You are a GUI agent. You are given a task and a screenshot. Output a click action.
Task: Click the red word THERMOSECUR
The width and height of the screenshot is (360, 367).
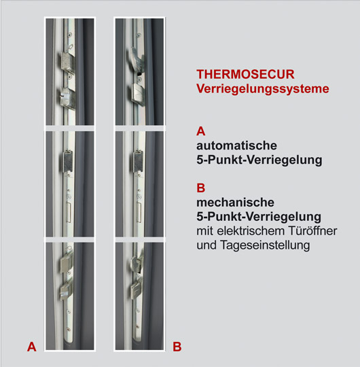click(x=245, y=75)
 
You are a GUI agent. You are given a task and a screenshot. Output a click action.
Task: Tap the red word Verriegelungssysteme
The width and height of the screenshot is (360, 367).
click(x=263, y=89)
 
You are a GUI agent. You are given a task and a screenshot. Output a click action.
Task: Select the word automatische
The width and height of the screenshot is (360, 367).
click(x=237, y=145)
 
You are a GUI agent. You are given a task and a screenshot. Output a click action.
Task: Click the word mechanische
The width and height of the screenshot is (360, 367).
click(x=235, y=203)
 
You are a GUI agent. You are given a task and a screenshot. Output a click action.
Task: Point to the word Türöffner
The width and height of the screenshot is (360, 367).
click(x=312, y=231)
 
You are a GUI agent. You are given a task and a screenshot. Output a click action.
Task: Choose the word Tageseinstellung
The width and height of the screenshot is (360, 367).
click(x=265, y=245)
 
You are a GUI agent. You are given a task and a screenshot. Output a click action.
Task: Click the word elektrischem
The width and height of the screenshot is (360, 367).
click(x=251, y=231)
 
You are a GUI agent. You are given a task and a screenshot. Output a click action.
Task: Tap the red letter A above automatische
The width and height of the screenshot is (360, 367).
click(x=200, y=131)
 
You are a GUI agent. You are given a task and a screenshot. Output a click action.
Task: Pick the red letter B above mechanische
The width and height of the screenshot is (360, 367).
click(x=200, y=188)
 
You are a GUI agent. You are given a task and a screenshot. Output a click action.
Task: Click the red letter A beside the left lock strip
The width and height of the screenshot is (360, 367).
click(x=31, y=347)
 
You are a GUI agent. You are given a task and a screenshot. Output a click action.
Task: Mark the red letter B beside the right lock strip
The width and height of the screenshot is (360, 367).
click(x=177, y=347)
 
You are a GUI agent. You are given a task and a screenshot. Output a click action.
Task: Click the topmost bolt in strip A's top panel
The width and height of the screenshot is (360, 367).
click(x=68, y=61)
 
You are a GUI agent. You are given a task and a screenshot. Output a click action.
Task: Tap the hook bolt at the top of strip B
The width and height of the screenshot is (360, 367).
click(x=137, y=58)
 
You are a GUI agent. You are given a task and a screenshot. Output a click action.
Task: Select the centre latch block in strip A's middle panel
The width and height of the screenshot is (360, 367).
click(x=67, y=162)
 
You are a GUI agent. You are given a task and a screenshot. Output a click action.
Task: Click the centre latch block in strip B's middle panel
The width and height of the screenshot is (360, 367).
click(x=138, y=162)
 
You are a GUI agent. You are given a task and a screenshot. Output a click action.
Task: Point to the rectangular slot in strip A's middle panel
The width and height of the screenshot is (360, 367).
click(x=69, y=212)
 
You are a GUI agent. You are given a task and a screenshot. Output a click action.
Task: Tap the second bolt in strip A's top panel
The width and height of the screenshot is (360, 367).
click(x=68, y=99)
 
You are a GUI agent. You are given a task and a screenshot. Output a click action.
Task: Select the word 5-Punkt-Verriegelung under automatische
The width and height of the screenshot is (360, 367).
click(x=259, y=160)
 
